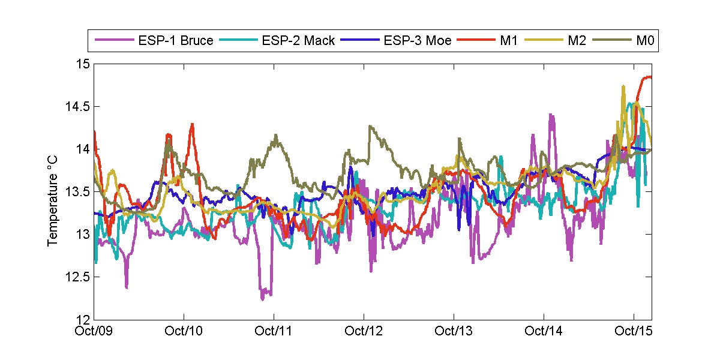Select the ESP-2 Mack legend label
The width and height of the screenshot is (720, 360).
click(x=298, y=41)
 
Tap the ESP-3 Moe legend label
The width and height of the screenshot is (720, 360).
click(x=418, y=41)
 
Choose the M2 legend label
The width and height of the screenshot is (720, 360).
click(x=576, y=41)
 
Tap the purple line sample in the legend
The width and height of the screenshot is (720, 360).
click(x=114, y=41)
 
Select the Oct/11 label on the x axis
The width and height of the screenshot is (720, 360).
click(x=274, y=331)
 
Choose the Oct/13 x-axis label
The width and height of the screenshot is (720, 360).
click(x=454, y=331)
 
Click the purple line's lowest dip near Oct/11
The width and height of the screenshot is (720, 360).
click(x=263, y=298)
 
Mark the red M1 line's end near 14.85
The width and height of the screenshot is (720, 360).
click(x=650, y=77)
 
